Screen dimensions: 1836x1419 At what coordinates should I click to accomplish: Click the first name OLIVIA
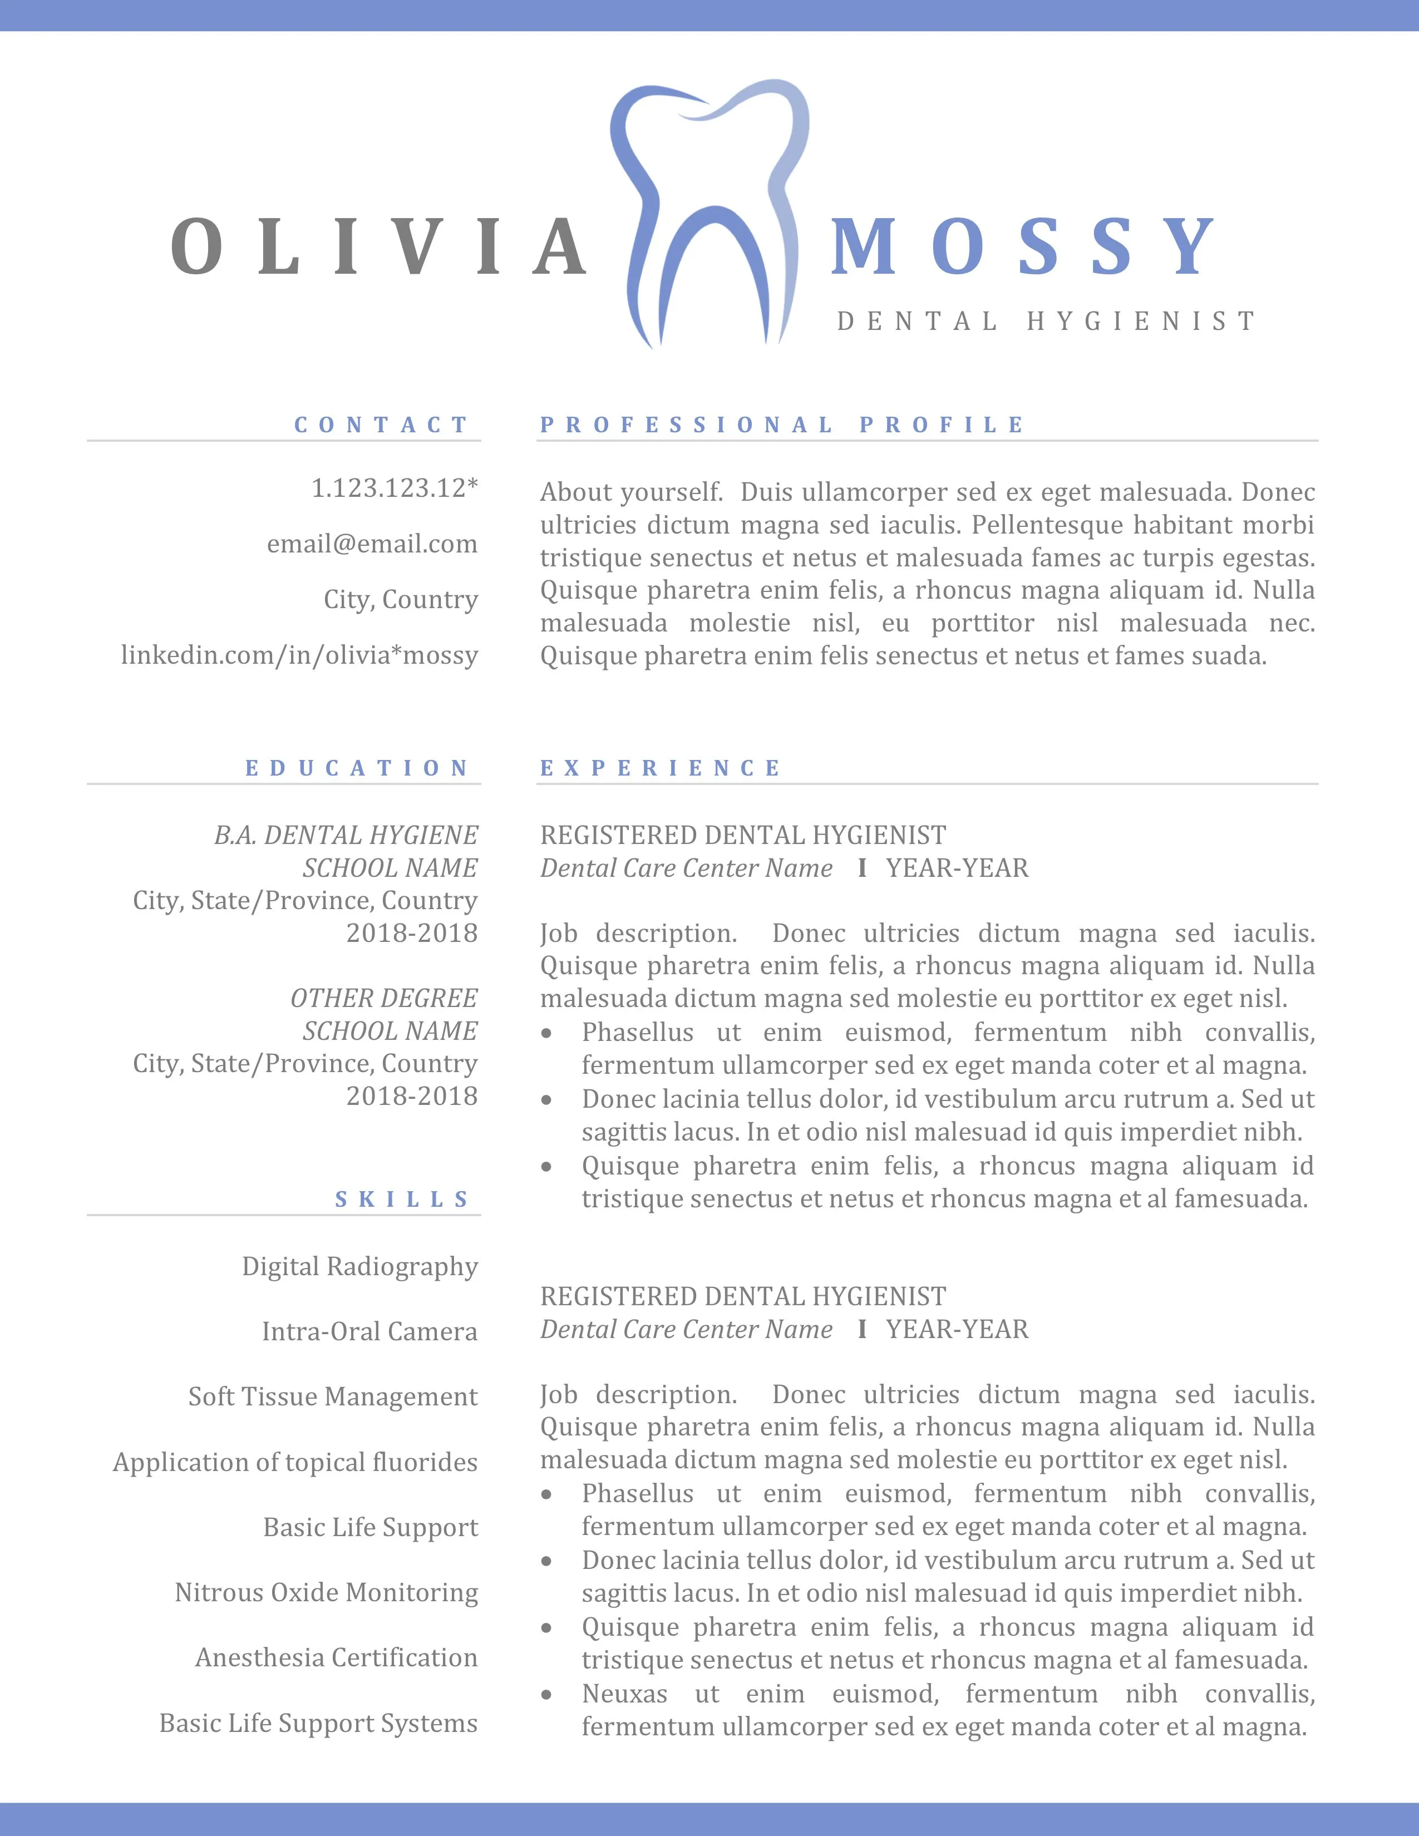tap(379, 247)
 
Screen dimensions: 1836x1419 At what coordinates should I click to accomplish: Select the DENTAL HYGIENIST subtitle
tap(1046, 321)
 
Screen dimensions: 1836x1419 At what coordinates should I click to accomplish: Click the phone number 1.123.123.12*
tap(395, 487)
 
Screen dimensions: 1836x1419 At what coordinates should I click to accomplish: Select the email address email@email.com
tap(372, 544)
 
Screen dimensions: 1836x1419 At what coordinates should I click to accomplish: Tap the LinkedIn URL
tap(299, 655)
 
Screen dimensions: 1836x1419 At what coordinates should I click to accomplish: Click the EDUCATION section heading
tap(357, 768)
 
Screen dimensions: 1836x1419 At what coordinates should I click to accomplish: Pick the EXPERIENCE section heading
tap(661, 768)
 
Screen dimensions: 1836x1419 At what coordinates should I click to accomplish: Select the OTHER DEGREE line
tap(383, 998)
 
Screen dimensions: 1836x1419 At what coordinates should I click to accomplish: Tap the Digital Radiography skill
tap(360, 1266)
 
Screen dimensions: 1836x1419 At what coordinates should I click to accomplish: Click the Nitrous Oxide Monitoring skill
tap(326, 1592)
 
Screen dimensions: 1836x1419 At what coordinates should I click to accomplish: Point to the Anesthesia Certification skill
tap(336, 1658)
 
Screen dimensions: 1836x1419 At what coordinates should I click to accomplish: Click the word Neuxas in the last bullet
tap(624, 1694)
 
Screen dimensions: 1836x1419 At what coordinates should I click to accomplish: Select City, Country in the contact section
tap(400, 599)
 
